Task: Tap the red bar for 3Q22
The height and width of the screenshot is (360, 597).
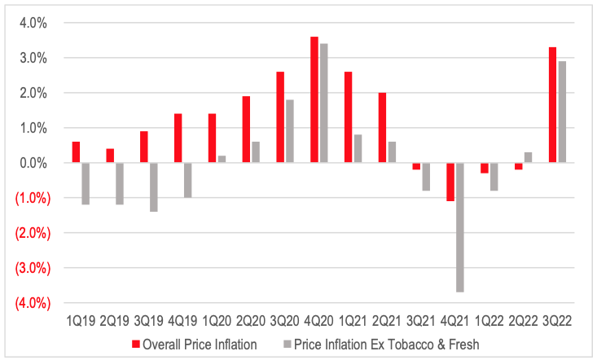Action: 553,105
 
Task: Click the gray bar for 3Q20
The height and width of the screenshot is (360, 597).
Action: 290,131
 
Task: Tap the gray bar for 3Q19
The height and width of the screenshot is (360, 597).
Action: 153,187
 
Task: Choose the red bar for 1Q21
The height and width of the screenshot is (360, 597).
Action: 348,117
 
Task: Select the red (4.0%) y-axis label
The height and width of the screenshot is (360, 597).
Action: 29,303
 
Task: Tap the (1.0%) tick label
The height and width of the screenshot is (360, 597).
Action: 29,198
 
